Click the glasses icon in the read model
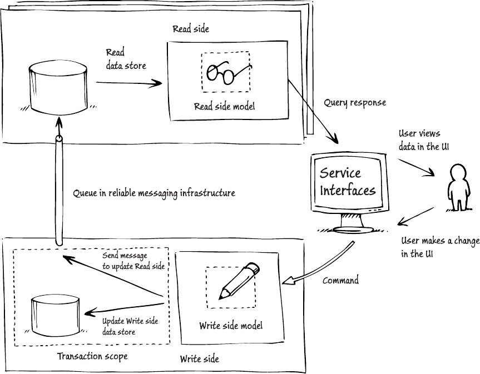(x=226, y=72)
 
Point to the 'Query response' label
(x=355, y=103)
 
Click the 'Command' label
(x=341, y=281)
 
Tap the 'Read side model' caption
(x=224, y=107)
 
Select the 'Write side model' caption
(x=230, y=326)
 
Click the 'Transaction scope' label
(x=92, y=356)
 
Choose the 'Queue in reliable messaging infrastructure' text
(x=154, y=193)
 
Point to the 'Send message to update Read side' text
(x=133, y=261)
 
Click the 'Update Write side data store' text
(x=130, y=327)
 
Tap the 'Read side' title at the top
(x=191, y=29)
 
